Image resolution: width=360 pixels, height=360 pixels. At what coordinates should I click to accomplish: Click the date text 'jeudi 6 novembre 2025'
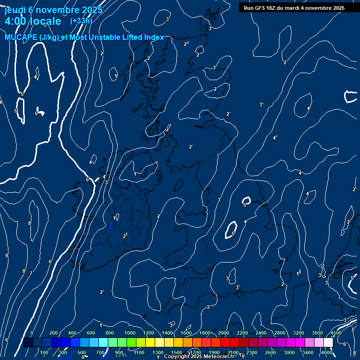point(53,10)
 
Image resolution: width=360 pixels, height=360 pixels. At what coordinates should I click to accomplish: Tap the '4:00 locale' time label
point(32,21)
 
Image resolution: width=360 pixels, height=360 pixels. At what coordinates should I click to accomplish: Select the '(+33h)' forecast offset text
point(81,21)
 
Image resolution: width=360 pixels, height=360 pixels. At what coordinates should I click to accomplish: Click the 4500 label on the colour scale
point(336,333)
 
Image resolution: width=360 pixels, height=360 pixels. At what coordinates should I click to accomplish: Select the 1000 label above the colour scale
point(130,333)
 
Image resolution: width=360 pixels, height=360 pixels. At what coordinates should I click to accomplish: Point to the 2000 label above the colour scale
point(224,333)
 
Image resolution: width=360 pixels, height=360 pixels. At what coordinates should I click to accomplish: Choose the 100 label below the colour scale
point(44,352)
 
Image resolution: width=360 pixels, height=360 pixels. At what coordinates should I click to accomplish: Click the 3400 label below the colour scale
point(307,352)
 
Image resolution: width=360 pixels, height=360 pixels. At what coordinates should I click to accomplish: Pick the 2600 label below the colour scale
point(270,352)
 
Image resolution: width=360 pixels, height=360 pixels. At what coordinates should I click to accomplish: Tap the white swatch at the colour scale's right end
point(328,343)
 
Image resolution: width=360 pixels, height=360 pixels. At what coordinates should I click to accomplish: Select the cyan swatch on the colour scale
point(103,343)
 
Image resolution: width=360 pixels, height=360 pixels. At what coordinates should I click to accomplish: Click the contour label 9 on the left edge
point(6,255)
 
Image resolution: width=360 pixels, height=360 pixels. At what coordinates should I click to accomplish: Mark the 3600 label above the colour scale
point(317,333)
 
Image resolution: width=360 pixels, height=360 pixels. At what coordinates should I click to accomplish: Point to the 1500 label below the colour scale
point(177,352)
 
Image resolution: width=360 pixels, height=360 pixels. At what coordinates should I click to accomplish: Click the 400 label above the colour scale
point(72,333)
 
